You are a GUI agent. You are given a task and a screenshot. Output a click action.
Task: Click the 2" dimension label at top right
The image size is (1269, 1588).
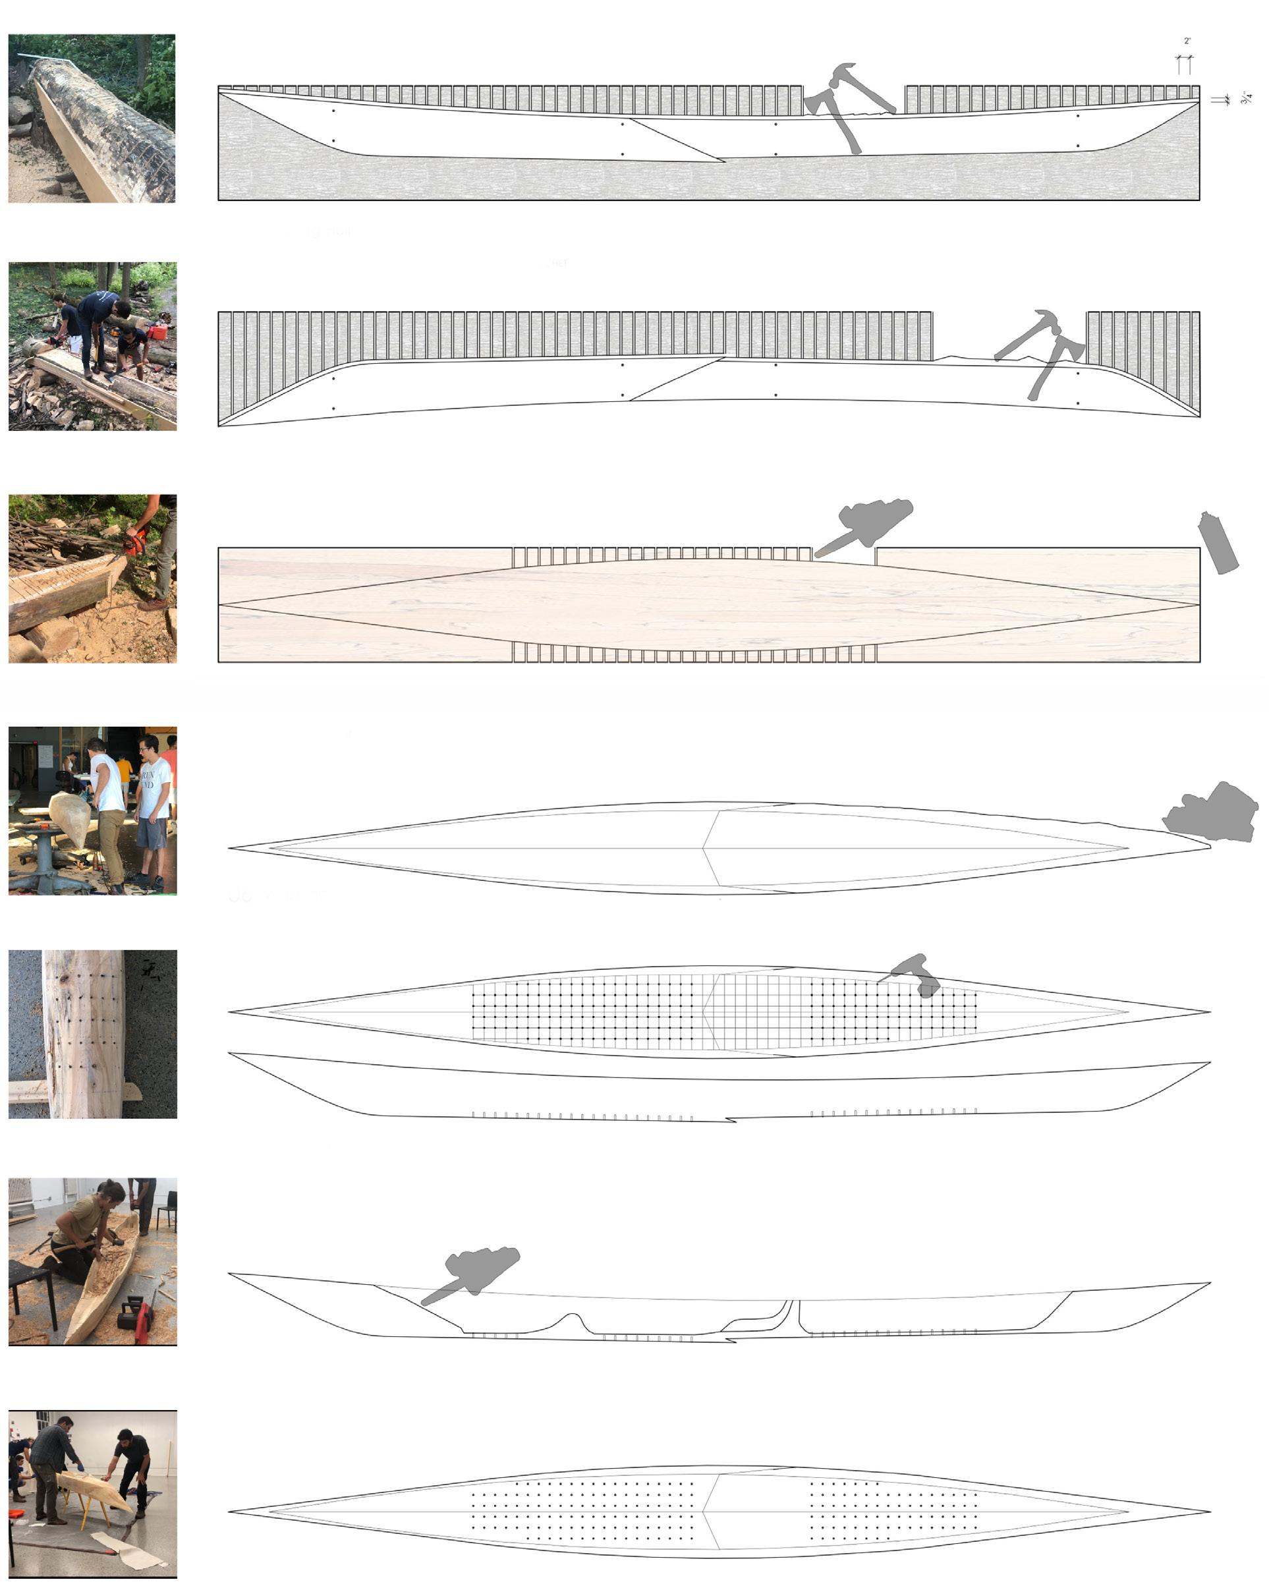1187,42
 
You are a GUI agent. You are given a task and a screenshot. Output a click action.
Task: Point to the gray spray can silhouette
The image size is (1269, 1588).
1218,543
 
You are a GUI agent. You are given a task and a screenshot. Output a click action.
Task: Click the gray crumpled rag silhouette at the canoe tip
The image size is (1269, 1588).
1212,813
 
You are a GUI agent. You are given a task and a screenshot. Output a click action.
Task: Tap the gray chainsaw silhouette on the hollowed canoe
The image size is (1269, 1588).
475,1271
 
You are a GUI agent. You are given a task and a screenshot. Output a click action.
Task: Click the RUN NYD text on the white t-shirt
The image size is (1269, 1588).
149,781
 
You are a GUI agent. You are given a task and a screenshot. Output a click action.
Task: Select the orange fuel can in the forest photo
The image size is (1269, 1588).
157,331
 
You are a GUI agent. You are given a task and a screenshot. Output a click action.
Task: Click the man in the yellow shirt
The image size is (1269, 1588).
125,773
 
